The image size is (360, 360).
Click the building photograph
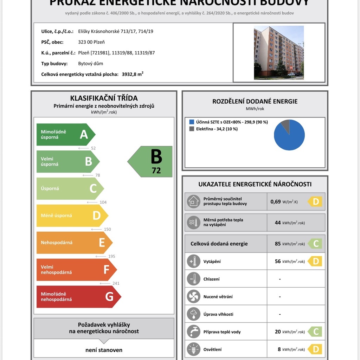[279, 52]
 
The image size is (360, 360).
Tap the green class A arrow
[65, 134]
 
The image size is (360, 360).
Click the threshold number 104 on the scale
[103, 202]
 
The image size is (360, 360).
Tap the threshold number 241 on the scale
[116, 283]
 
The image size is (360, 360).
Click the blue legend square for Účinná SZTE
[192, 122]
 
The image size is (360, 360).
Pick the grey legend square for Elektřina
[192, 129]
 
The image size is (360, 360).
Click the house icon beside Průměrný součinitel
[193, 201]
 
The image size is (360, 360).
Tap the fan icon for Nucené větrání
[193, 296]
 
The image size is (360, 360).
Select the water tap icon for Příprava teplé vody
[193, 332]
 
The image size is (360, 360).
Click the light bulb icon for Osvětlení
[193, 349]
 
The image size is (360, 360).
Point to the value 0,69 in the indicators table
[276, 202]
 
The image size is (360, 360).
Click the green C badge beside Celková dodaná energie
[315, 244]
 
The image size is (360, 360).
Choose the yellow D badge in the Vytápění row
[315, 261]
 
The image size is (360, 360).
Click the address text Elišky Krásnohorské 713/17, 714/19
[116, 31]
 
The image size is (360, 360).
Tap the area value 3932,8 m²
[133, 74]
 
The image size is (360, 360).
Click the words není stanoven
[104, 350]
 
